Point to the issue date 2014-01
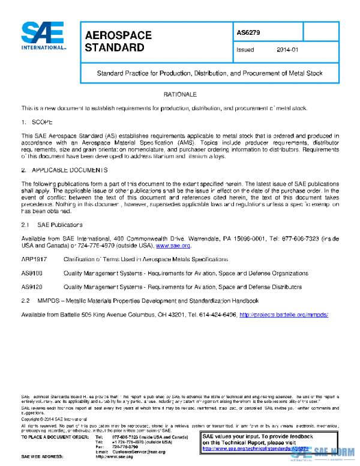(x=287, y=51)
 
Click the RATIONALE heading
(x=180, y=95)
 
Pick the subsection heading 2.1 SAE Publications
(x=52, y=225)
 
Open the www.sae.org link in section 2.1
(x=173, y=246)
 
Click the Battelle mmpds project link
(x=284, y=315)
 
